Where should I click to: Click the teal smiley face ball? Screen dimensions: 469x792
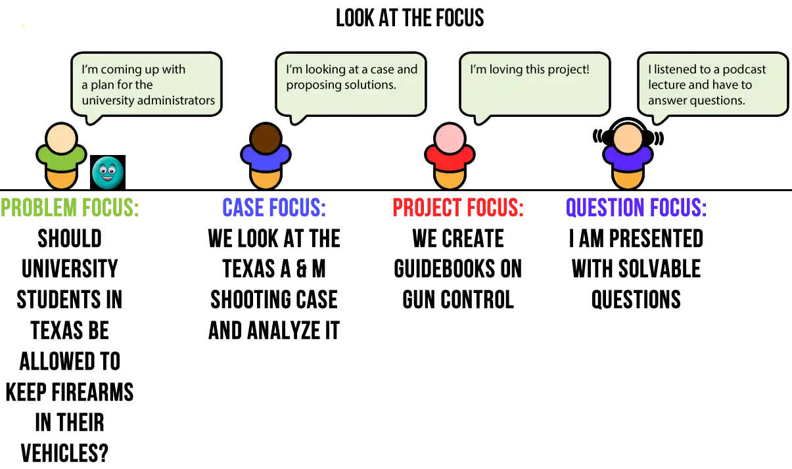pos(108,172)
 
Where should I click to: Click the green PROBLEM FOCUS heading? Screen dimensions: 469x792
pos(71,208)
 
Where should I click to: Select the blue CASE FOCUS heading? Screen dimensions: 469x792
pos(273,208)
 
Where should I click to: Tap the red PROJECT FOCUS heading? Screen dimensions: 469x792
pos(457,208)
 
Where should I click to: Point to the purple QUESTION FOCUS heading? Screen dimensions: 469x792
pos(636,208)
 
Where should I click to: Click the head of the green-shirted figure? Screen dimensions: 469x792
pos(62,139)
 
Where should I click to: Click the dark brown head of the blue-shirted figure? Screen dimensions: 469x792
pos(266,139)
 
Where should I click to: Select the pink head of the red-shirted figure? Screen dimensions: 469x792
pos(450,139)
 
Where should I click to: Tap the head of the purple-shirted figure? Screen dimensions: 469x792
pos(628,139)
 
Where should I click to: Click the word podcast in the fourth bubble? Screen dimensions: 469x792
pos(744,70)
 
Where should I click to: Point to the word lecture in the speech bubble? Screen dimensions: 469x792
pos(667,85)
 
